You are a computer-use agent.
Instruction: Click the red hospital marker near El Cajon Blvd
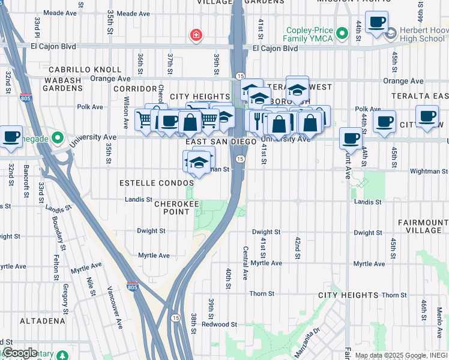click(195, 36)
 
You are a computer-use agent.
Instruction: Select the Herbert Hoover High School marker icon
click(391, 33)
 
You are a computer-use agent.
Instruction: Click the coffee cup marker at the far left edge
click(11, 136)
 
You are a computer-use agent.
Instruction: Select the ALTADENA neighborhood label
click(42, 321)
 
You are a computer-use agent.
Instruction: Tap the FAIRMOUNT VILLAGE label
click(423, 226)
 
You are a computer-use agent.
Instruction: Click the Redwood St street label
click(215, 324)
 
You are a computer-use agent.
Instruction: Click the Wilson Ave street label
click(126, 115)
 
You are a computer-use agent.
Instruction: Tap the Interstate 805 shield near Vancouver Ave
click(132, 288)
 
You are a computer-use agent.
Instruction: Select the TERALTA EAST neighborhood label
click(420, 96)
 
